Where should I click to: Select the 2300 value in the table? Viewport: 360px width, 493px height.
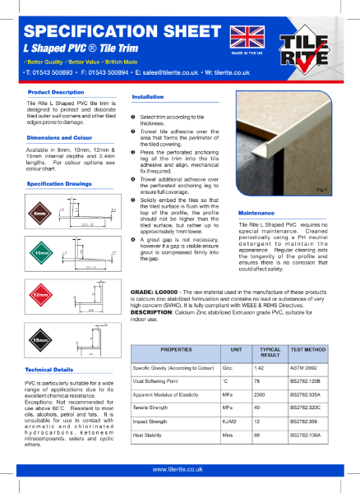tap(259, 394)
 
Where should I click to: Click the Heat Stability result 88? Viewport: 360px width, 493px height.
tap(256, 435)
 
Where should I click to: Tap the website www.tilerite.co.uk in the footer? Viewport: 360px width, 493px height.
tap(179, 469)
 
